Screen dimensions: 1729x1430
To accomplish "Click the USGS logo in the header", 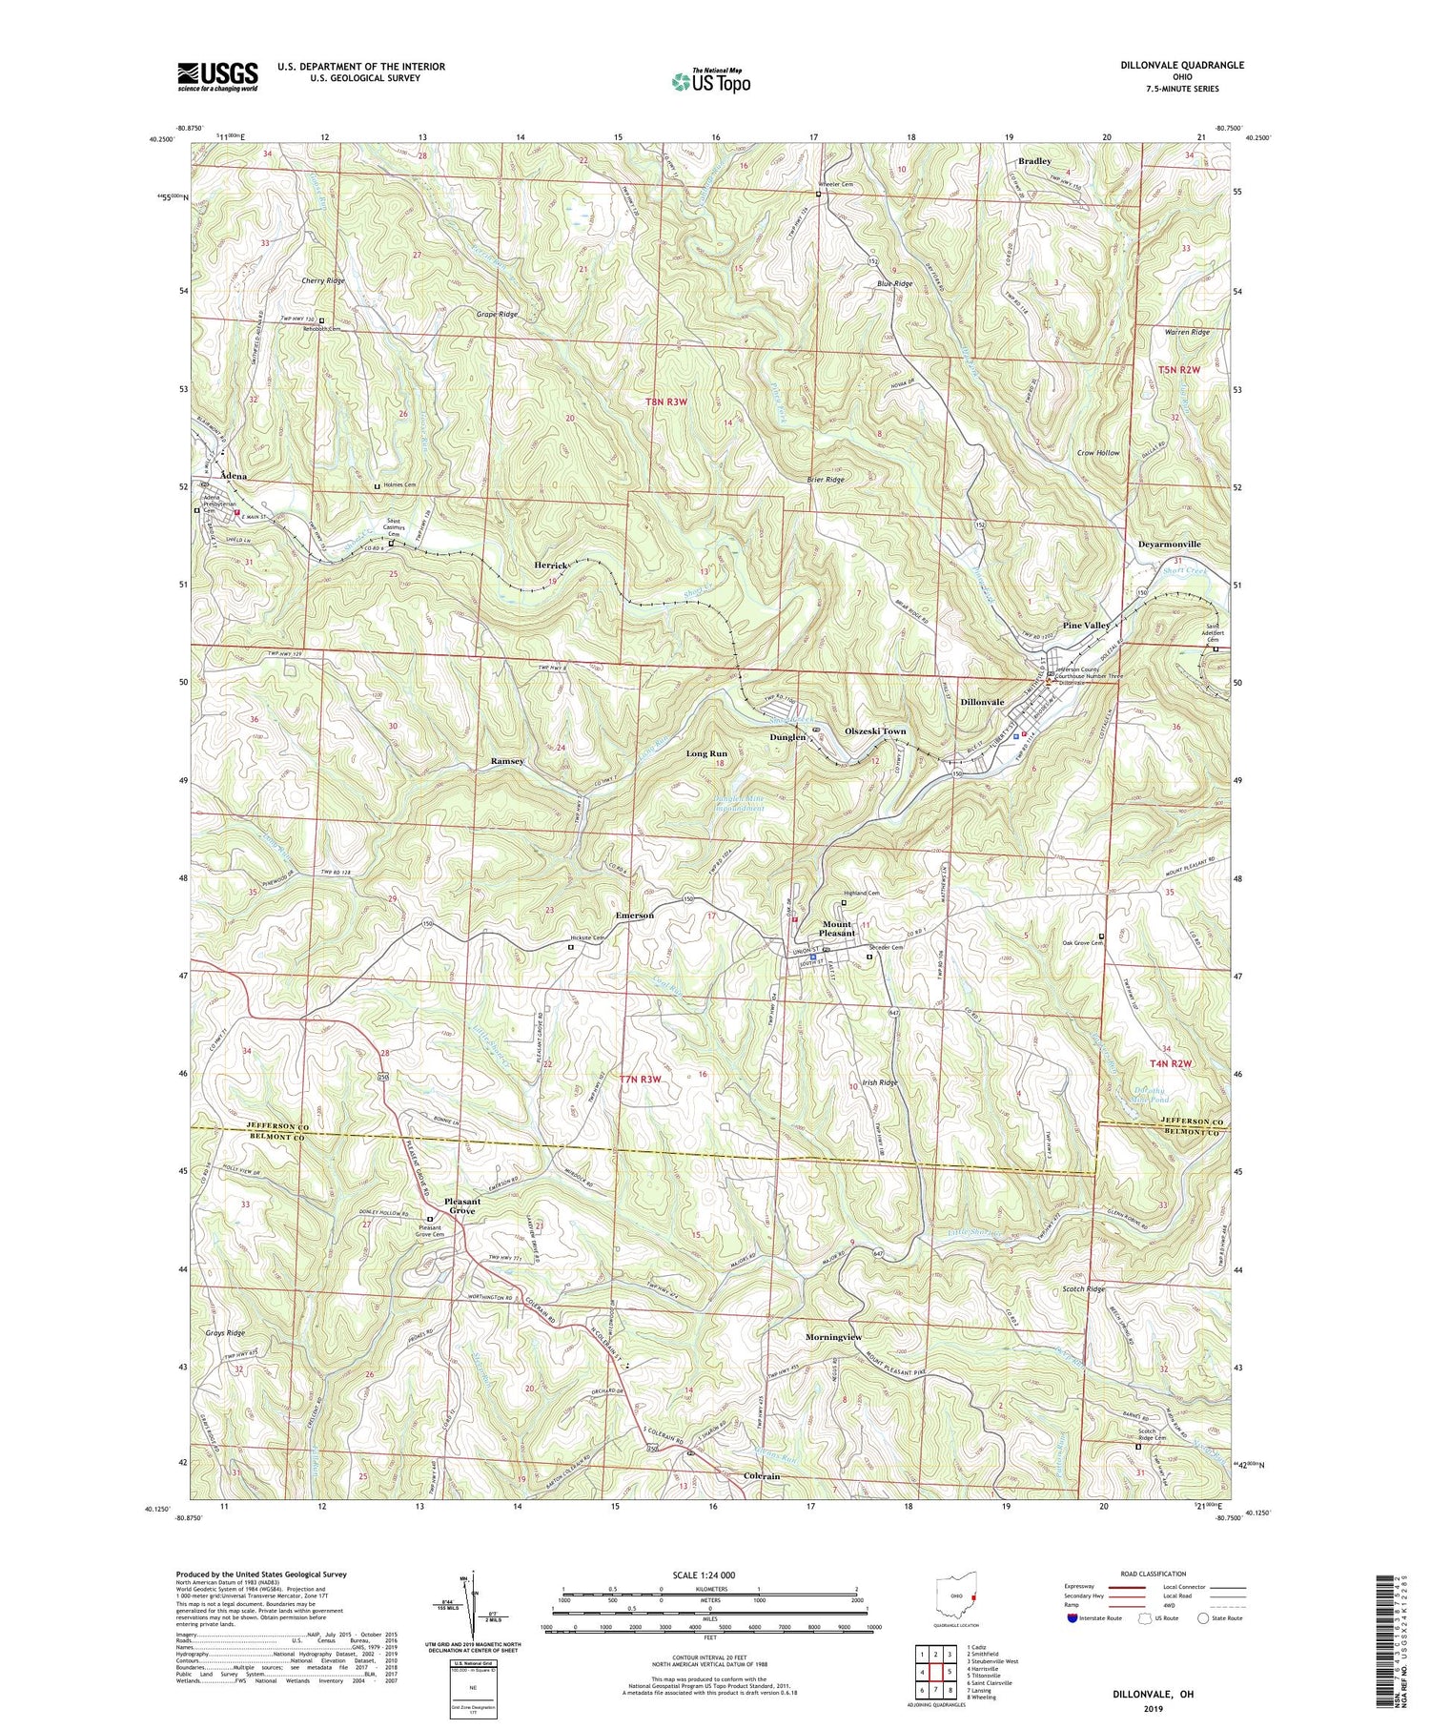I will pos(216,75).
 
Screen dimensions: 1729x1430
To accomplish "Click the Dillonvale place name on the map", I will pos(982,702).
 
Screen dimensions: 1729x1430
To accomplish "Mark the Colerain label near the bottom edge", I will pos(761,1476).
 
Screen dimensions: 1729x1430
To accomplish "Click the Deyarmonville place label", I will pos(1170,544).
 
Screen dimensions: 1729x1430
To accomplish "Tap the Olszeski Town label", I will pos(875,731).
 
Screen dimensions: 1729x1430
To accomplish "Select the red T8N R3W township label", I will pos(666,402).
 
